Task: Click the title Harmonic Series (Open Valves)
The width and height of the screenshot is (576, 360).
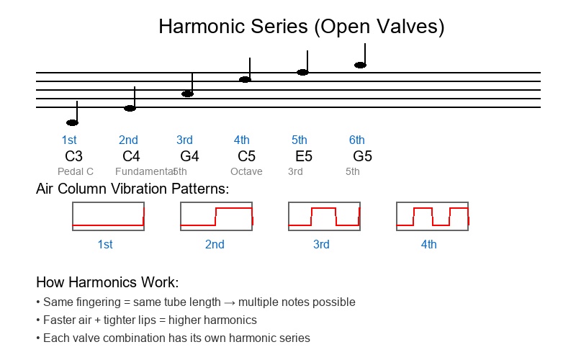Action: [x=301, y=27]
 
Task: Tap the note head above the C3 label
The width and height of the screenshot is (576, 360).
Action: [x=72, y=122]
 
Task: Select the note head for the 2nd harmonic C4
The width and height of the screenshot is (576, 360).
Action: [x=130, y=108]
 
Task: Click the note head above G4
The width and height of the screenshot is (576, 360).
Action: [x=187, y=94]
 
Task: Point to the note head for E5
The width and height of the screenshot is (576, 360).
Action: [x=302, y=72]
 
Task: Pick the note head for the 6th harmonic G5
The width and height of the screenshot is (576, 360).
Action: [x=360, y=65]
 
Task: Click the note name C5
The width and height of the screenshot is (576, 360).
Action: [x=246, y=156]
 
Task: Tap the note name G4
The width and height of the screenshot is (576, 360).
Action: [x=189, y=156]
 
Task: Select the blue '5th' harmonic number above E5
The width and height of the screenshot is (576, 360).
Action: [x=299, y=140]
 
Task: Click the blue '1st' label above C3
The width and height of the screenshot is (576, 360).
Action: [x=69, y=140]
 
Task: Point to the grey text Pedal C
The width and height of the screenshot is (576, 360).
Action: [x=76, y=172]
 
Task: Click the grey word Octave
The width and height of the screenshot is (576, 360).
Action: [x=246, y=172]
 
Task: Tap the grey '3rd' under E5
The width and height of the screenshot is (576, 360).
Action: [x=295, y=172]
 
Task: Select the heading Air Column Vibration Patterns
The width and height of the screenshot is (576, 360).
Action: [x=132, y=189]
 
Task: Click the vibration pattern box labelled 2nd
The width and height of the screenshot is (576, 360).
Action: [x=216, y=216]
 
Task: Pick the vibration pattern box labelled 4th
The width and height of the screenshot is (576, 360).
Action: [x=432, y=216]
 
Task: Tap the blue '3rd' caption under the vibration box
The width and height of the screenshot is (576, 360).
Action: [x=321, y=245]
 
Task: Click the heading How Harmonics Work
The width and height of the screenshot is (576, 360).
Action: [x=107, y=282]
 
